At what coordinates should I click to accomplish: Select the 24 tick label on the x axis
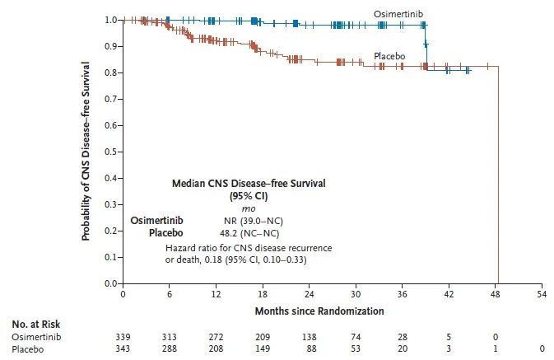310,294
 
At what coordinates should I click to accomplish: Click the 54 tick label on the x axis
542,294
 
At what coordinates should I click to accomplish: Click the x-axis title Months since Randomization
331,311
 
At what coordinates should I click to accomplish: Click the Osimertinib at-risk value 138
310,338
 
